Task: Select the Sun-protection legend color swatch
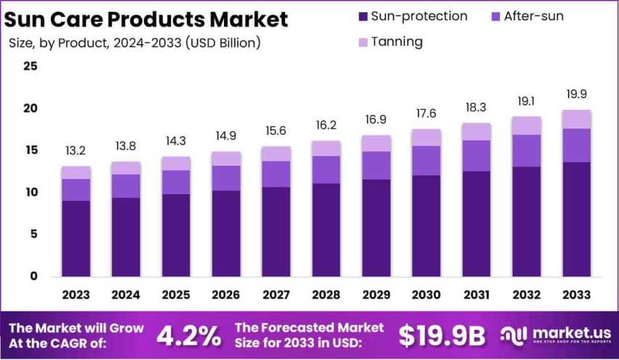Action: (x=362, y=17)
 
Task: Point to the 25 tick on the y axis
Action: (x=30, y=66)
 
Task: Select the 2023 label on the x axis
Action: (x=76, y=295)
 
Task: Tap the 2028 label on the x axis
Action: (x=326, y=295)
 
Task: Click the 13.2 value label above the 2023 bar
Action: (x=76, y=151)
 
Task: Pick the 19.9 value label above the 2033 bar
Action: (x=576, y=94)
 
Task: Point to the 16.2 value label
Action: (x=326, y=125)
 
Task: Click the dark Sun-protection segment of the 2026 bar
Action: (x=225, y=233)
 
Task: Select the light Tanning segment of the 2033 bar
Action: (x=576, y=119)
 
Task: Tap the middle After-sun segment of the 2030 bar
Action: (x=426, y=160)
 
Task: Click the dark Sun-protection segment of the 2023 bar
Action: (x=76, y=238)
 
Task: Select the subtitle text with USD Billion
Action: (x=135, y=43)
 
